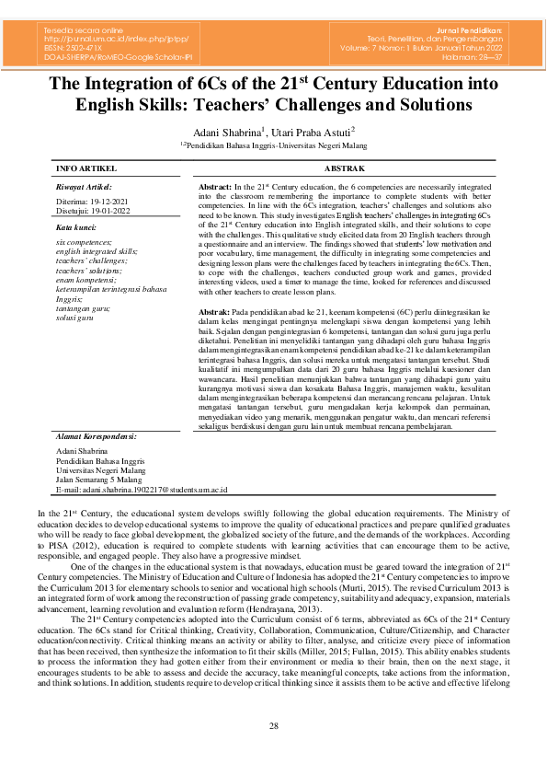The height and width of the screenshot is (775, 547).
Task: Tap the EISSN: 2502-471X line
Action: [76, 48]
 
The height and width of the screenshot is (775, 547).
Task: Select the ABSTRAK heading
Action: [345, 169]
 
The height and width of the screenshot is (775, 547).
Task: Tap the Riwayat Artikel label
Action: [83, 185]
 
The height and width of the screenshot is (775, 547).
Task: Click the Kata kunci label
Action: [75, 226]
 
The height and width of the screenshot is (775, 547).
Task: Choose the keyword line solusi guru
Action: [76, 318]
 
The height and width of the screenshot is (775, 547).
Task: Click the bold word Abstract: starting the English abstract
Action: [215, 186]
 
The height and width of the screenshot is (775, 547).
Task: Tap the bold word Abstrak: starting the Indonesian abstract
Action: [214, 313]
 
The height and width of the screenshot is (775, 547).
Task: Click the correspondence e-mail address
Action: [142, 490]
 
